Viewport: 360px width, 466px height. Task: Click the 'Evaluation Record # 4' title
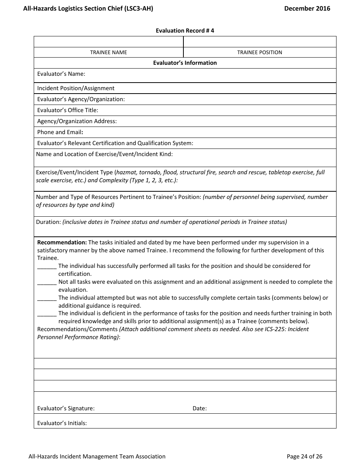tap(185, 31)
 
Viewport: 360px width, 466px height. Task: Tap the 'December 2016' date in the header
tap(307, 8)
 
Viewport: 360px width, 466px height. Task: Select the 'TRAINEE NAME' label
tap(108, 52)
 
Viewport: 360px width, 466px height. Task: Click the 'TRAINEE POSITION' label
tap(260, 52)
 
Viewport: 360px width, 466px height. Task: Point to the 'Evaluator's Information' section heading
tap(185, 63)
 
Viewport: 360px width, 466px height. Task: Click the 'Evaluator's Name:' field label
tap(61, 74)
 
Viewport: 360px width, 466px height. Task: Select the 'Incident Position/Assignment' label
tap(76, 88)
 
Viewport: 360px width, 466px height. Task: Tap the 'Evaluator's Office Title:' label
tap(67, 110)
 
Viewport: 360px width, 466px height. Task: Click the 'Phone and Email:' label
tap(60, 132)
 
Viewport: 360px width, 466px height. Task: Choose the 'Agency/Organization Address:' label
tap(77, 121)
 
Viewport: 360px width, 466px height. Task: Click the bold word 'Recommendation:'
tap(62, 242)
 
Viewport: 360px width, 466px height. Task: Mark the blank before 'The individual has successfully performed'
tap(47, 266)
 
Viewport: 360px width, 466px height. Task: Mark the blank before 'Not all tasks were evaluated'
tap(47, 282)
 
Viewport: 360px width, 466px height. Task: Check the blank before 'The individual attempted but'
tap(47, 298)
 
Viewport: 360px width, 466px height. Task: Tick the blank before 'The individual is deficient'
tap(47, 314)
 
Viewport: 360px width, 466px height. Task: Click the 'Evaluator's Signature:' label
tap(66, 408)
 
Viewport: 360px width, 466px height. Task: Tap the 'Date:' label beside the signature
tap(199, 408)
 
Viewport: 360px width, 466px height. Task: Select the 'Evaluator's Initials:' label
tap(62, 423)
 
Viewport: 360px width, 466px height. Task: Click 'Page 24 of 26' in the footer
tap(304, 457)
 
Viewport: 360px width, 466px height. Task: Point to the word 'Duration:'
tap(49, 222)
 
